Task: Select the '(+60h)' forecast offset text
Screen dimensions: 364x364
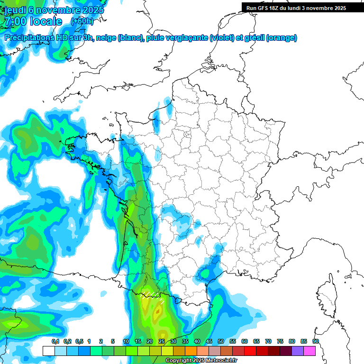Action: (82, 21)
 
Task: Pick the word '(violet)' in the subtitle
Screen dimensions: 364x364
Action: (222, 38)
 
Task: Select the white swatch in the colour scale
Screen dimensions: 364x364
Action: (48, 351)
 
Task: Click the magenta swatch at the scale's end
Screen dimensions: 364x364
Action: (309, 351)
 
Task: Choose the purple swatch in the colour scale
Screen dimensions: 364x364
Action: (298, 351)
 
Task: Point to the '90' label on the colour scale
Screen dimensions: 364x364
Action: (315, 341)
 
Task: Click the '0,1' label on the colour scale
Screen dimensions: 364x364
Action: (55, 341)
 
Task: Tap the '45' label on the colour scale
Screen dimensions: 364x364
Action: (209, 341)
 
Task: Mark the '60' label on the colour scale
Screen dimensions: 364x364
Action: (245, 341)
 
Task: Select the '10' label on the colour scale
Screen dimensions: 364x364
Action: (126, 341)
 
